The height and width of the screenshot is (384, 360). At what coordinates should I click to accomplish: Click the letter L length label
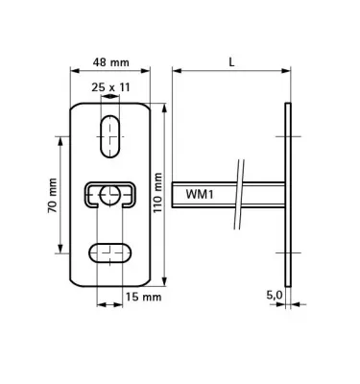coord(231,60)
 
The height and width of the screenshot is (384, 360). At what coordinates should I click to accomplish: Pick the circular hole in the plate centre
coord(112,195)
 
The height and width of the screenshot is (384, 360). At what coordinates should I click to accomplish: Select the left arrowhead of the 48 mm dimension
coord(76,70)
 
